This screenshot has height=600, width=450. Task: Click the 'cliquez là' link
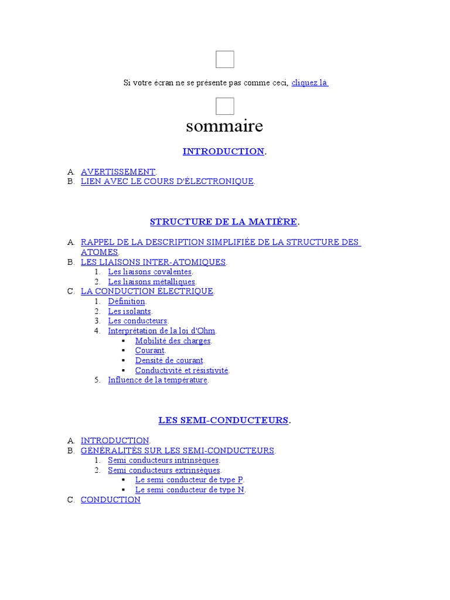(x=309, y=83)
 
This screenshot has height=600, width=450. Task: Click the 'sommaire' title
(x=224, y=126)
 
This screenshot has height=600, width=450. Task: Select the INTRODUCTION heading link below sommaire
(x=223, y=151)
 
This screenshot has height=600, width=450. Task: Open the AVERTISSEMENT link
(x=118, y=172)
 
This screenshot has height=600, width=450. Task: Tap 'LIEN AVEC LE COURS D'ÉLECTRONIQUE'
(x=167, y=182)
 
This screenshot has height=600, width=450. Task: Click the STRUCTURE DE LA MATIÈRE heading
(x=224, y=221)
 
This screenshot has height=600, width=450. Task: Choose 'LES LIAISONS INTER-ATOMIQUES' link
(x=153, y=262)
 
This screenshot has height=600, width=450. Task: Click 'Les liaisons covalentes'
(x=149, y=272)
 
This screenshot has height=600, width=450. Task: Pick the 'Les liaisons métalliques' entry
(x=151, y=282)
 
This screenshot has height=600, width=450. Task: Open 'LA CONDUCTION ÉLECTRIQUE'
(x=147, y=291)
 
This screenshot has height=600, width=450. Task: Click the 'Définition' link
(x=126, y=301)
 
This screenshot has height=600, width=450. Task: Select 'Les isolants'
(x=129, y=311)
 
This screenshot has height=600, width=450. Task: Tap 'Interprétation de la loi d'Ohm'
(x=162, y=331)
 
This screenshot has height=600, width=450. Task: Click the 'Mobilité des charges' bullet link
(x=173, y=340)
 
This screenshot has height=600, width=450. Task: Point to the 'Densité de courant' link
(x=169, y=360)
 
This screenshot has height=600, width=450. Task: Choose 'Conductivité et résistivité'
(x=182, y=370)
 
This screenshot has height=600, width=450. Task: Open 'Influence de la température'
(x=158, y=380)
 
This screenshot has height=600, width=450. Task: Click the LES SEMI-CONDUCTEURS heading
(x=223, y=420)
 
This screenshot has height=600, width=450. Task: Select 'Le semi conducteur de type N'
(x=189, y=489)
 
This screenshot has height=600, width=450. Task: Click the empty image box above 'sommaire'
(x=225, y=106)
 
